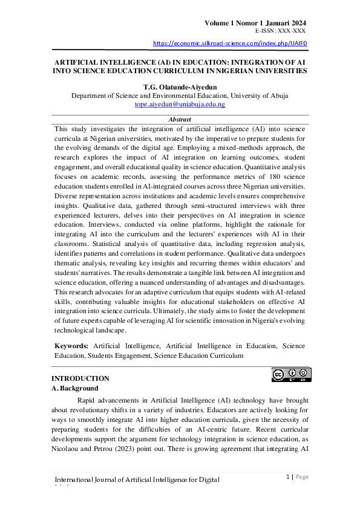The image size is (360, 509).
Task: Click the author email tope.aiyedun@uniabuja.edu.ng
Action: (180, 105)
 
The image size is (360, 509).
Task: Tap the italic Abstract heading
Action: (180, 120)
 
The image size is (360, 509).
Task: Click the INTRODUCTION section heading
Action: (80, 378)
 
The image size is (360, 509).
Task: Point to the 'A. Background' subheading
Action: (76, 388)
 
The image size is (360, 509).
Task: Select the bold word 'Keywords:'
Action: (71, 346)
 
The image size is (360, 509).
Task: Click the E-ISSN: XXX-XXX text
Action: (280, 30)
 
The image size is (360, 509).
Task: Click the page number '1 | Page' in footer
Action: (296, 477)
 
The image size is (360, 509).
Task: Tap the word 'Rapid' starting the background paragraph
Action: (89, 400)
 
